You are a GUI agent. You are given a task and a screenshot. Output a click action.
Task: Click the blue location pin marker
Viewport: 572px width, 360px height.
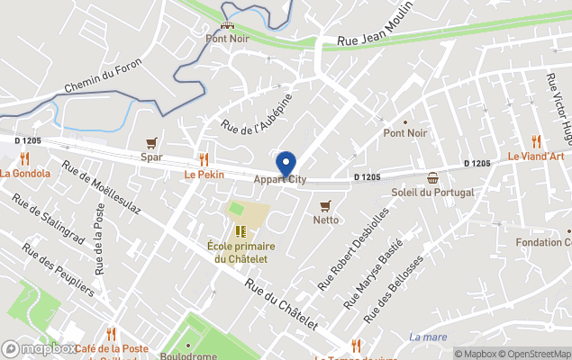286,165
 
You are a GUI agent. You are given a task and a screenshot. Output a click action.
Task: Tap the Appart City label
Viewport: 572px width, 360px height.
279,180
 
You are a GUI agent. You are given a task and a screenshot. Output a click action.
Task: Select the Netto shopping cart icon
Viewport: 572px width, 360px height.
325,205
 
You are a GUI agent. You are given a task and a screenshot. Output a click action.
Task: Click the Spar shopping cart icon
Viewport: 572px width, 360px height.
151,143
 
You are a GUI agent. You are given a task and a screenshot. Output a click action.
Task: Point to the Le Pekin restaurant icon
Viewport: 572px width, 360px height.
204,158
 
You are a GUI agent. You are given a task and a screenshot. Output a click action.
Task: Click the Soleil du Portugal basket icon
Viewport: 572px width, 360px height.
433,177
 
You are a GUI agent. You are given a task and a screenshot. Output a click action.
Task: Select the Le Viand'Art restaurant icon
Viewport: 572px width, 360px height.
535,140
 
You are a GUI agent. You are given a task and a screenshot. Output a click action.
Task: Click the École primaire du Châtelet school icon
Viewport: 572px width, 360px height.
241,231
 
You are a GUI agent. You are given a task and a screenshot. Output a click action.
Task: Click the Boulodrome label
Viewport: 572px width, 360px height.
188,355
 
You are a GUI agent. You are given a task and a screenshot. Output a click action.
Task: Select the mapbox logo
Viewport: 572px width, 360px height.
40,348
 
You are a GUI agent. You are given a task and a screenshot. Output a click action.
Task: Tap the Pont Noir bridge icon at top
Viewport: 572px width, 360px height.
227,25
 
